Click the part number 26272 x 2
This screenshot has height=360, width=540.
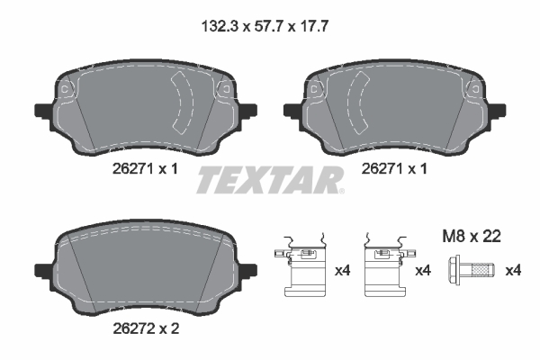tap(146, 328)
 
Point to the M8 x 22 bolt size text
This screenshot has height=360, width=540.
tap(472, 237)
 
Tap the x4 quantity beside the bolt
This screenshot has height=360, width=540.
tap(513, 270)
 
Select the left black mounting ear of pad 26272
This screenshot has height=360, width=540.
tap(43, 270)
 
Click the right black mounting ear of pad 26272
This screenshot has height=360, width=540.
tap(248, 270)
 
